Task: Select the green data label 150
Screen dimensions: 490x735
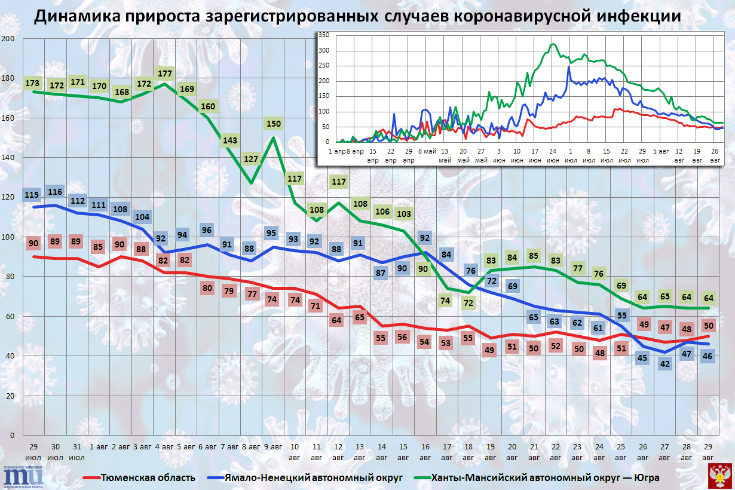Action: [x=273, y=124]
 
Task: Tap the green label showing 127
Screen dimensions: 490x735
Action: [x=252, y=160]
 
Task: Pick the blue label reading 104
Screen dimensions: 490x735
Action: [x=143, y=218]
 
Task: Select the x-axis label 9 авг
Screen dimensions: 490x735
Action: [x=273, y=446]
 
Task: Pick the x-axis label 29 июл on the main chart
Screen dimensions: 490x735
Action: [x=33, y=452]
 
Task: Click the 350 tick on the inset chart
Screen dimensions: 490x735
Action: [x=323, y=35]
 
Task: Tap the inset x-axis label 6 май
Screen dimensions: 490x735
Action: [x=428, y=152]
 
